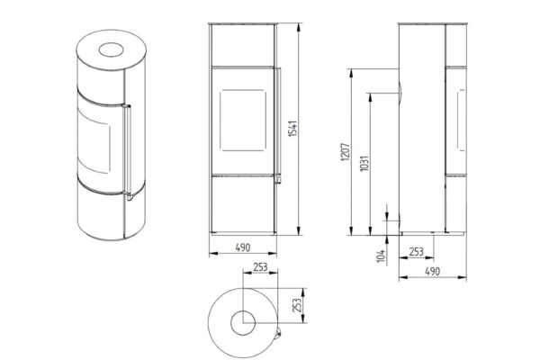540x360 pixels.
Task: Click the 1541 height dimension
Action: tap(292, 129)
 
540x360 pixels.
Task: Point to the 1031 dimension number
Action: tap(364, 163)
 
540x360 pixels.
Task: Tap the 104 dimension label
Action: tap(381, 256)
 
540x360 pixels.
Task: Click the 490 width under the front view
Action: tap(243, 247)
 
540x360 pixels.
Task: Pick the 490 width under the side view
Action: tap(432, 272)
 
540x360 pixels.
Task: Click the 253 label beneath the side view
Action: tap(416, 252)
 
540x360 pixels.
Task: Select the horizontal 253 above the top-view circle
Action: tap(260, 266)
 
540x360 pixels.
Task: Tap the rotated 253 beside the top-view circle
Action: tap(296, 305)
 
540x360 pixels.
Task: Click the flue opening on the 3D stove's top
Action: tap(111, 49)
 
